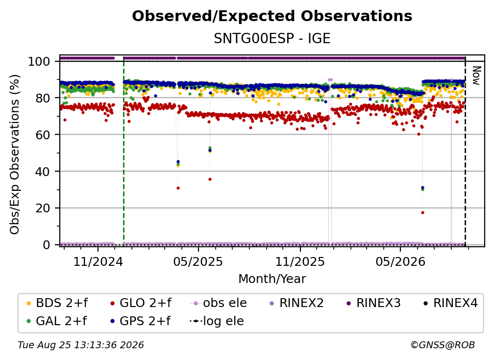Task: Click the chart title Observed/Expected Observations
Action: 272,16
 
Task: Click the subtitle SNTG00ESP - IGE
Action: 272,38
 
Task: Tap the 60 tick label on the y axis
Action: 43,134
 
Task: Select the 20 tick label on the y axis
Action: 43,208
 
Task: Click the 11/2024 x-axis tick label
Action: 98,261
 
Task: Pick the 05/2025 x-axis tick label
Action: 198,261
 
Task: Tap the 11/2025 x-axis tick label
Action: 300,261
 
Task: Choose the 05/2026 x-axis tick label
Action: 400,261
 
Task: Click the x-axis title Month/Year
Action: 272,279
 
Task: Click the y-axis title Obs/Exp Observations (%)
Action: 15,154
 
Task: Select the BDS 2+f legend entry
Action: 57,303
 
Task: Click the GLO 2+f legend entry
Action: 141,303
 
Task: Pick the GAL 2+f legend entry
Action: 56,321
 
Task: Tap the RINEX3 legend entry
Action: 373,303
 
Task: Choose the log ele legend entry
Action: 217,321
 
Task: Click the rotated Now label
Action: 476,76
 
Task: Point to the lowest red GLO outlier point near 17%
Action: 422,212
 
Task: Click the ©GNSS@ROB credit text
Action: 443,345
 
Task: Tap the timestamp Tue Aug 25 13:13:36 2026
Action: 81,345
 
